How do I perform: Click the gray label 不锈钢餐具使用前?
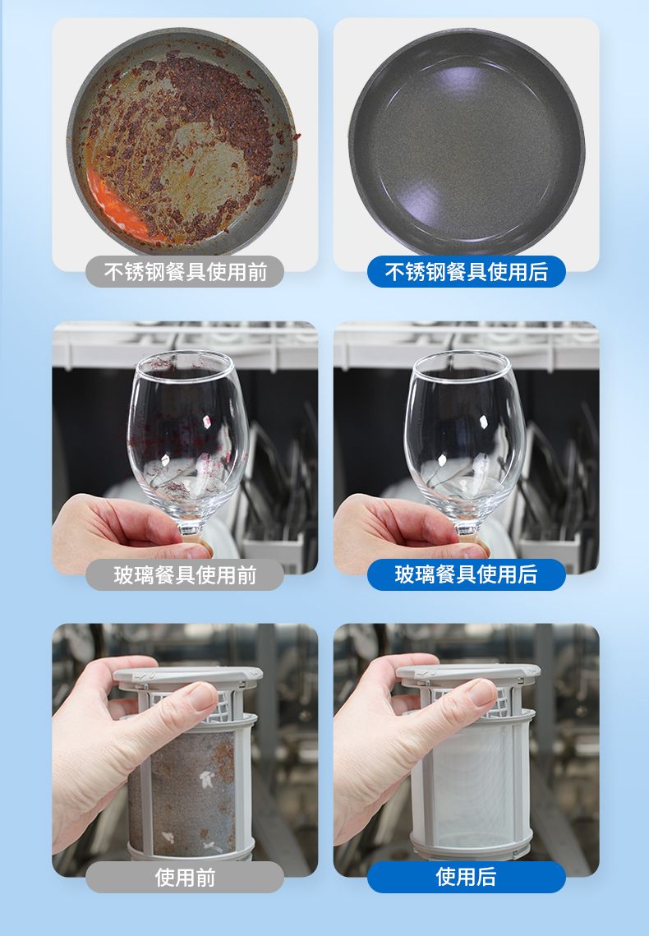[x=185, y=272]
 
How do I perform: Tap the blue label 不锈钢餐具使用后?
[x=466, y=272]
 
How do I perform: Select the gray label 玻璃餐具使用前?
[x=185, y=575]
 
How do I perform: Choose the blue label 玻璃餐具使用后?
[x=466, y=575]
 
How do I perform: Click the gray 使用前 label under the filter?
[x=185, y=878]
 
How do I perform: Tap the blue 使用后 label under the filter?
[x=466, y=878]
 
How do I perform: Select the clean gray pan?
[x=467, y=141]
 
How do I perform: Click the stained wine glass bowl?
[x=187, y=434]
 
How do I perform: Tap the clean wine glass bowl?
[x=465, y=434]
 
